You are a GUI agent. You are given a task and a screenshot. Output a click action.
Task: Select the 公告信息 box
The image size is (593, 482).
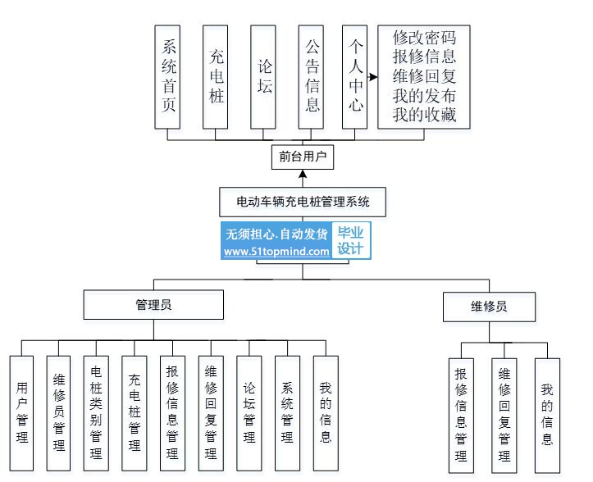[x=312, y=76]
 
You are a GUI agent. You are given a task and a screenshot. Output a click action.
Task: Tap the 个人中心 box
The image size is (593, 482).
[x=355, y=76]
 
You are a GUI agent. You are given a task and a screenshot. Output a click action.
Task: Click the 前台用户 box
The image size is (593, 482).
[x=303, y=157]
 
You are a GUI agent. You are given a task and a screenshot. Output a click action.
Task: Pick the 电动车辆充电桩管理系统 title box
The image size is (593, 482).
[x=303, y=200]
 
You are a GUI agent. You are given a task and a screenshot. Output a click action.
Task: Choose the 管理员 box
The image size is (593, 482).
[x=153, y=306]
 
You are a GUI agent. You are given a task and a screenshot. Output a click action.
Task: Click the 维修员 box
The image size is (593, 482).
[x=489, y=307]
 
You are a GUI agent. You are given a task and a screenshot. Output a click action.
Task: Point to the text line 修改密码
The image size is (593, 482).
[x=424, y=38]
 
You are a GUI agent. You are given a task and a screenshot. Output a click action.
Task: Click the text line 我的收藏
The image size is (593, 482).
[x=424, y=115]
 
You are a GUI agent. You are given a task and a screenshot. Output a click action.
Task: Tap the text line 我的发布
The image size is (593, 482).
[x=424, y=96]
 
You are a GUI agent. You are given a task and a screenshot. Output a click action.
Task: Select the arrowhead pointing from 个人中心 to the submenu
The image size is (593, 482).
[x=374, y=78]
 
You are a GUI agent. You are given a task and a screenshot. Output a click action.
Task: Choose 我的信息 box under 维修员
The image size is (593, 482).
[x=547, y=415]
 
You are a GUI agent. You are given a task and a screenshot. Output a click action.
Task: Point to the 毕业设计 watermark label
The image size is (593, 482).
[x=350, y=241]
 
